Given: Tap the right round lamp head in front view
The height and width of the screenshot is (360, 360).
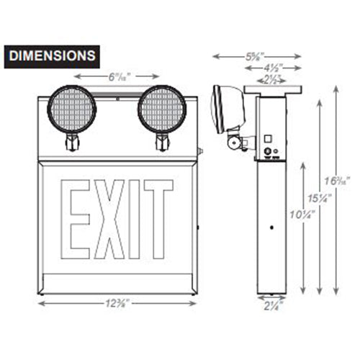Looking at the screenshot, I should [163, 109].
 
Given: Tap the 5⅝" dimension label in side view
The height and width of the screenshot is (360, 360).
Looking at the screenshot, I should [251, 55].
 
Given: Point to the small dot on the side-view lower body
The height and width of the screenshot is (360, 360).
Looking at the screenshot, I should [270, 229].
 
